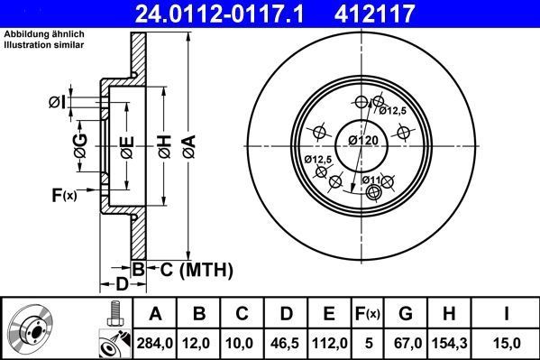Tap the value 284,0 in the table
pyautogui.click(x=155, y=342)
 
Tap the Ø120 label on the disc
pyautogui.click(x=362, y=142)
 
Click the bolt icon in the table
pyautogui.click(x=114, y=317)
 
